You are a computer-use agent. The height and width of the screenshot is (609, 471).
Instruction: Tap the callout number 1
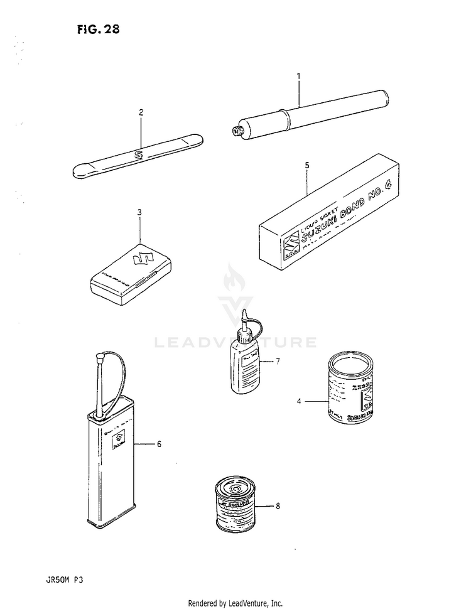pos(299,77)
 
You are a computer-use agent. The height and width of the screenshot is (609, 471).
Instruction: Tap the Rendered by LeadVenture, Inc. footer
pos(235,603)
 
